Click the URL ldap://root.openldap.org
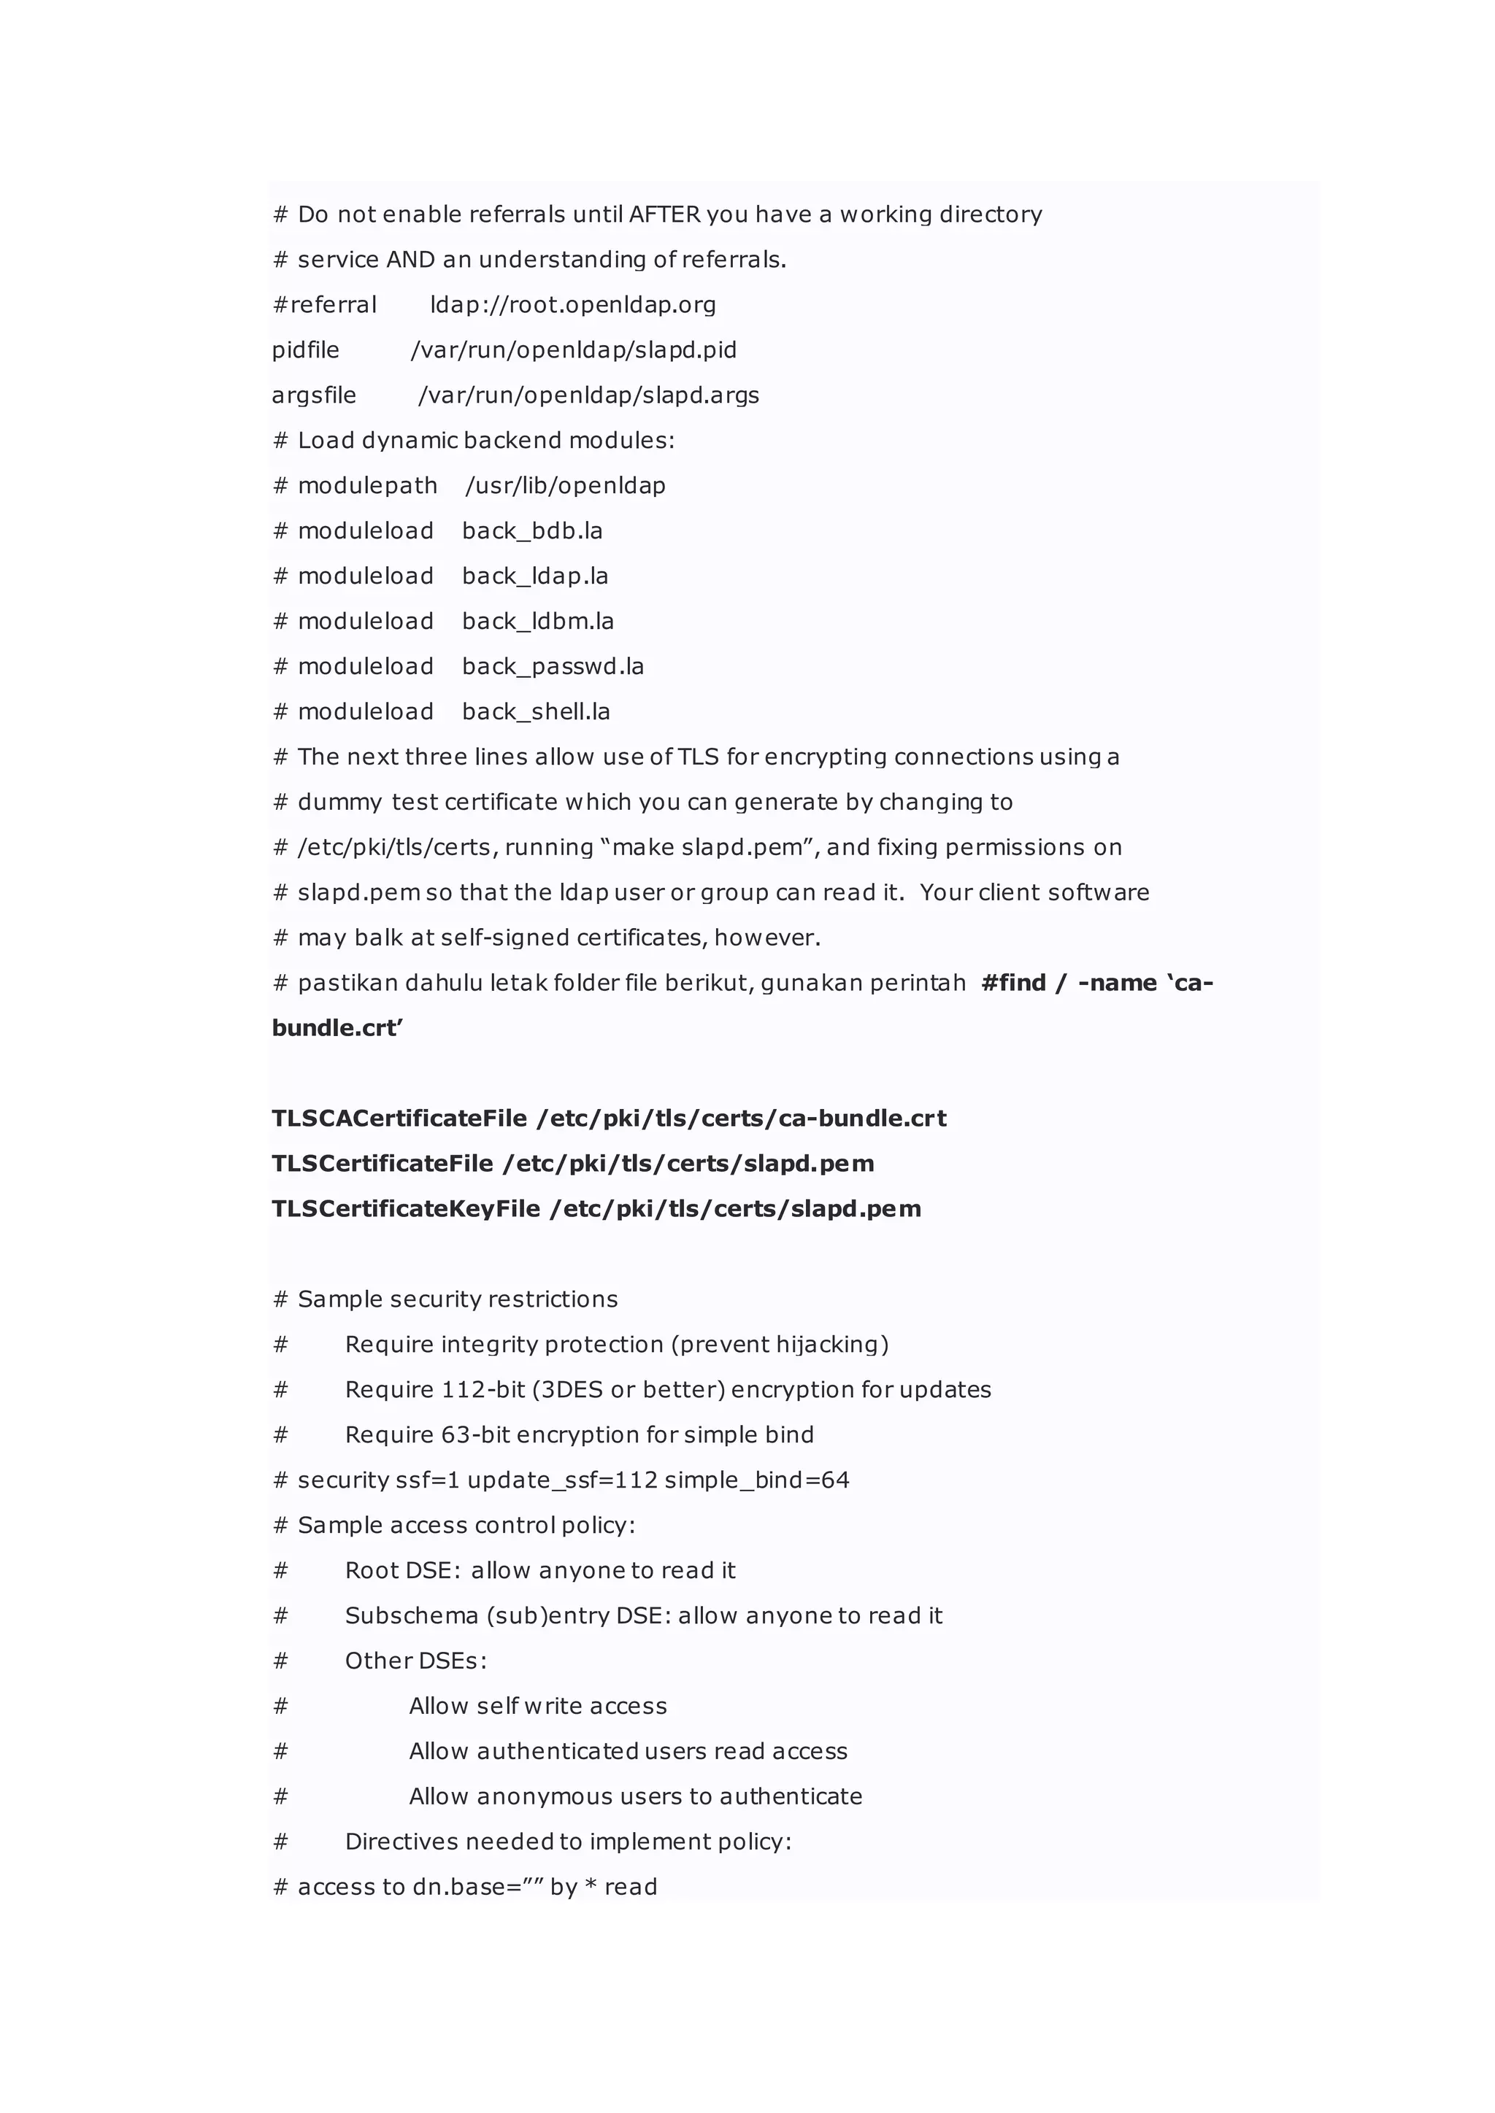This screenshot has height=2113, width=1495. click(x=572, y=304)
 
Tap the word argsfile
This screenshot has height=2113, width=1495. click(x=313, y=395)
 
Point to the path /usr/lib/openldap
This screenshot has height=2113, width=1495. click(x=565, y=485)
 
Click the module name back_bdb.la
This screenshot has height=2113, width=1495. click(x=532, y=531)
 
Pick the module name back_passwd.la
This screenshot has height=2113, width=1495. click(x=553, y=666)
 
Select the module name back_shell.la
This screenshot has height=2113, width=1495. click(x=536, y=711)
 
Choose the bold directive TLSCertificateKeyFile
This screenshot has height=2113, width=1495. click(x=405, y=1208)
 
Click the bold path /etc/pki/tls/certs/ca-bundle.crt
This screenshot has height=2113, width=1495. click(x=742, y=1119)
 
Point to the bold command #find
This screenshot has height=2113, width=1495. click(x=1013, y=983)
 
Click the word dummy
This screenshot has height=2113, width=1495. click(x=339, y=803)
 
